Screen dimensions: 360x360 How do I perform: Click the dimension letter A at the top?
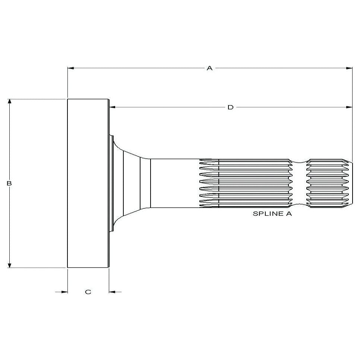click(209, 68)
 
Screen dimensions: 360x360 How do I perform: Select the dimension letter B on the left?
click(10, 183)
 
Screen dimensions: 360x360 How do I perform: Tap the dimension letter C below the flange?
click(88, 292)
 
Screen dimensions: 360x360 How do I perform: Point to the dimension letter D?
click(230, 107)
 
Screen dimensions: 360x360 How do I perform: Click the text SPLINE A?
click(272, 214)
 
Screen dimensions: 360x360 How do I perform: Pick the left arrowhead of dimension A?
click(70, 68)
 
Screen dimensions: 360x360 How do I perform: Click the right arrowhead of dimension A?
click(349, 68)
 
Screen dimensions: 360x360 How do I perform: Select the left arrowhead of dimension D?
click(112, 107)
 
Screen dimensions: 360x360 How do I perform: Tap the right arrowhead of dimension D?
click(349, 107)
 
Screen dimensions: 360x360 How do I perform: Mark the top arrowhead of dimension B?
click(10, 102)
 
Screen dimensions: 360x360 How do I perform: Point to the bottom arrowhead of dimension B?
click(10, 265)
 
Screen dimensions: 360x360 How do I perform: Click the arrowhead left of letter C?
click(64, 292)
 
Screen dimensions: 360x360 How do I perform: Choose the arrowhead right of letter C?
click(112, 292)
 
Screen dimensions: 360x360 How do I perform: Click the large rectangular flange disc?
click(88, 183)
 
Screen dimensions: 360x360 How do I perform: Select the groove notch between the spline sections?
click(300, 183)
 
